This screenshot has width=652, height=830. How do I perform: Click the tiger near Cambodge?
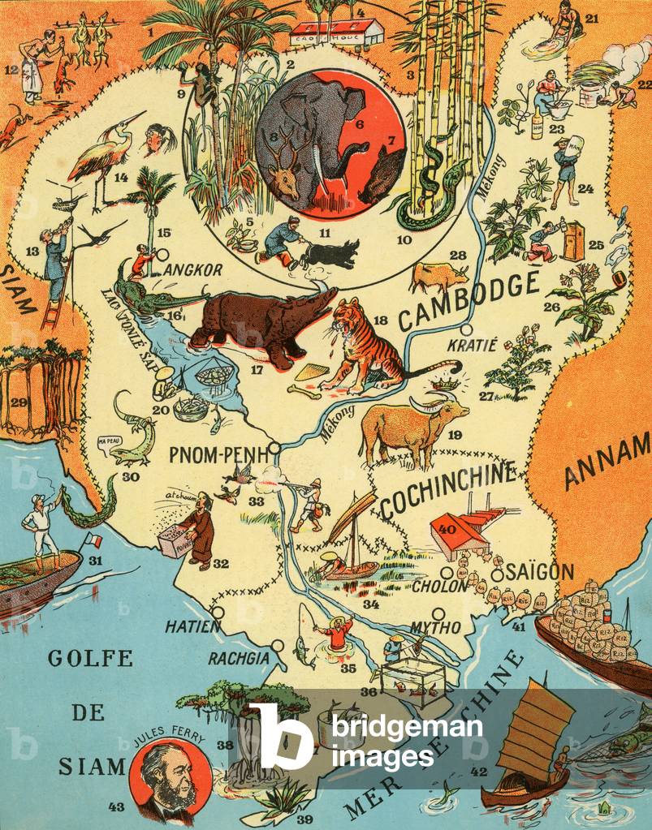pyautogui.click(x=365, y=345)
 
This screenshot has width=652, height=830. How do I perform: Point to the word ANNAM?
pyautogui.click(x=607, y=462)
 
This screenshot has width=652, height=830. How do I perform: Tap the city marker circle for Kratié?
pyautogui.click(x=466, y=331)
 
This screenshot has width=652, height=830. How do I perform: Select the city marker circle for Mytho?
pyautogui.click(x=438, y=613)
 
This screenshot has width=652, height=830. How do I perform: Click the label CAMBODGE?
pyautogui.click(x=469, y=300)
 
